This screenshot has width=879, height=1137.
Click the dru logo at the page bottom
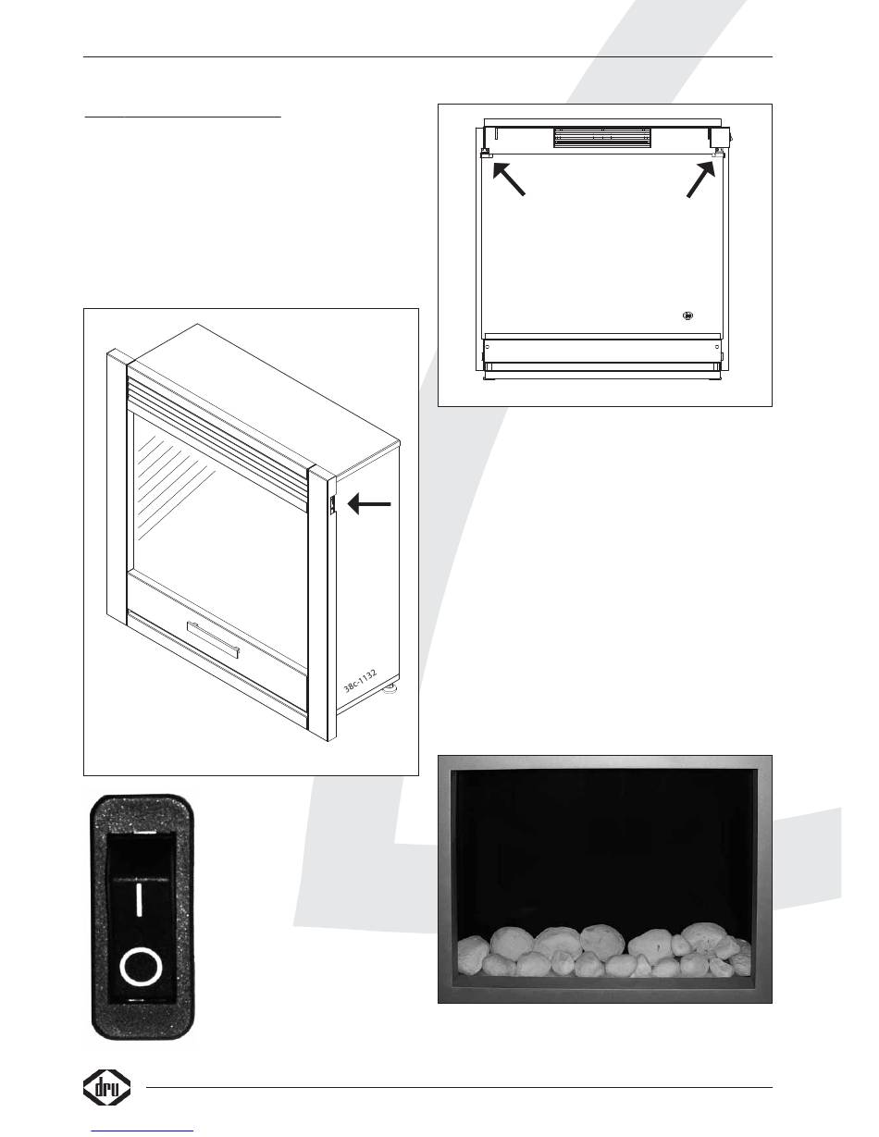pyautogui.click(x=107, y=1088)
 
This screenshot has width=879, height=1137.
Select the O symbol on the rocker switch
pyautogui.click(x=140, y=968)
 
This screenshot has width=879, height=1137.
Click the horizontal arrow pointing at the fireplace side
pyautogui.click(x=370, y=504)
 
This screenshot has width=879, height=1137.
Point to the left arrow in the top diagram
pyautogui.click(x=508, y=178)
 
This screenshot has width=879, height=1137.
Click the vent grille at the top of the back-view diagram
pyautogui.click(x=601, y=137)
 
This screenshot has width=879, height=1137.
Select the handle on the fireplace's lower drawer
pyautogui.click(x=213, y=639)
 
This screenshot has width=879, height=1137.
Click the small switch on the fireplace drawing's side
pyautogui.click(x=329, y=505)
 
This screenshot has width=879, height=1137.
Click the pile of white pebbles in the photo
pyautogui.click(x=605, y=953)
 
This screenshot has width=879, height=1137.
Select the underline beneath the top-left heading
pyautogui.click(x=182, y=118)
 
